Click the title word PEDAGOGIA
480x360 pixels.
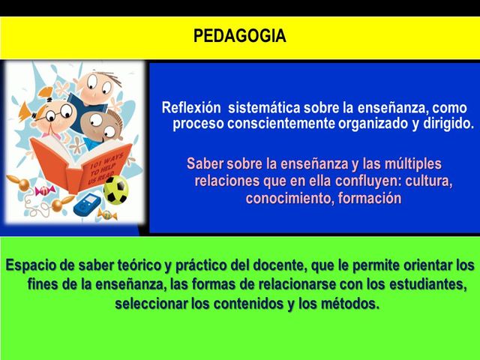239,36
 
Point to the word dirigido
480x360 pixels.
447,124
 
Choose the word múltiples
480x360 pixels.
409,163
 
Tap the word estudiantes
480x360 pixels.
424,285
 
